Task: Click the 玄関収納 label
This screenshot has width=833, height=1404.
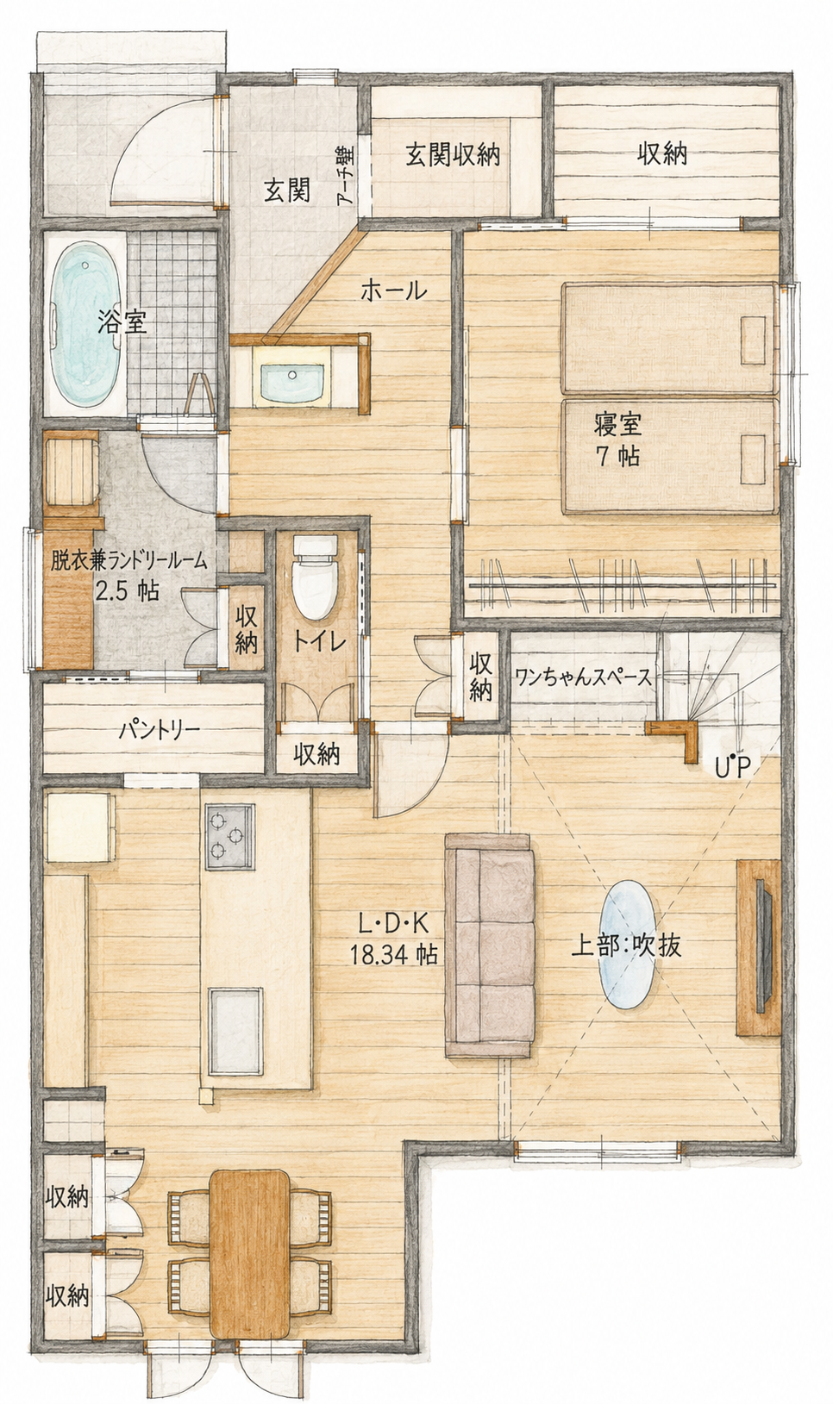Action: coord(453,153)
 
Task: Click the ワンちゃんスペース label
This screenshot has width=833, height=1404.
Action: coord(581,678)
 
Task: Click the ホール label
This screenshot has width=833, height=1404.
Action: coord(395,290)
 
